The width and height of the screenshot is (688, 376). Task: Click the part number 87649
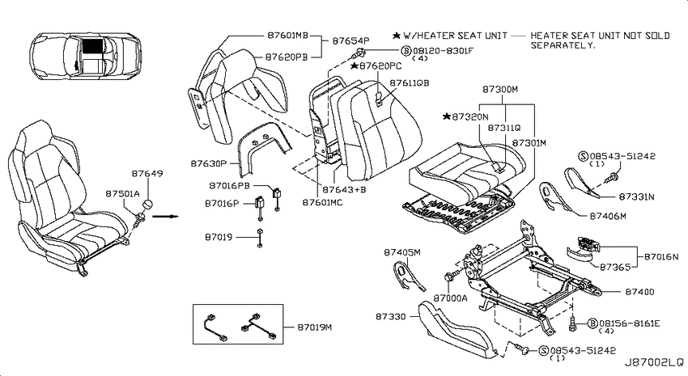(147, 174)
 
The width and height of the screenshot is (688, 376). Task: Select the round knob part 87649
(149, 205)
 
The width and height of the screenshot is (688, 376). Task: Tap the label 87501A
(122, 194)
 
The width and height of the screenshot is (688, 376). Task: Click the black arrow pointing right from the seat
(168, 216)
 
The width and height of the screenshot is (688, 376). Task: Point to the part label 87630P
(209, 163)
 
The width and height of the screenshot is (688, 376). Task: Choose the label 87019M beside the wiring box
(315, 327)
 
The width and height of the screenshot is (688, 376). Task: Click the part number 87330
(390, 316)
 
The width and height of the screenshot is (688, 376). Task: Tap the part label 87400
(639, 292)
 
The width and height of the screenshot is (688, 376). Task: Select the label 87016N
(661, 257)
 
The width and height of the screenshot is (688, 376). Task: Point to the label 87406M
(608, 216)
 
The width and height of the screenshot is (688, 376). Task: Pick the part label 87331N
(636, 196)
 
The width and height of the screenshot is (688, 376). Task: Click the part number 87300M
(500, 90)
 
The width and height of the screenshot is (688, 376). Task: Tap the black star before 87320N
(447, 116)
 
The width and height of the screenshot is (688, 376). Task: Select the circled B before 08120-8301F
(406, 50)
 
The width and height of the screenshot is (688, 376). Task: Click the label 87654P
(350, 40)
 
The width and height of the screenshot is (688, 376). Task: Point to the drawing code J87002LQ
(654, 362)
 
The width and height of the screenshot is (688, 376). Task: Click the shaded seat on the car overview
(92, 45)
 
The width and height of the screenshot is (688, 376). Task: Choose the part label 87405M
(402, 252)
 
